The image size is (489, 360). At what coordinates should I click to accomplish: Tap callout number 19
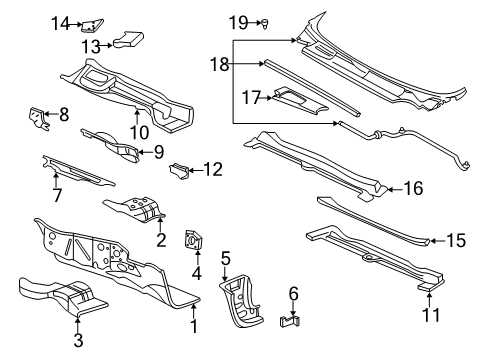click(236, 21)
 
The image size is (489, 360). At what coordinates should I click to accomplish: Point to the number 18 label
click(217, 63)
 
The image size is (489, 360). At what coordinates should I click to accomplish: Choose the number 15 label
click(455, 240)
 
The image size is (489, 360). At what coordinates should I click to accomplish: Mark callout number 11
click(430, 314)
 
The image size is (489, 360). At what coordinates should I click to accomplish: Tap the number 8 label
click(63, 115)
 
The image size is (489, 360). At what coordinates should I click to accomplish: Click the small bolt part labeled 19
click(263, 21)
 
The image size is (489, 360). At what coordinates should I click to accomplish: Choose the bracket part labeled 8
click(36, 117)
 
